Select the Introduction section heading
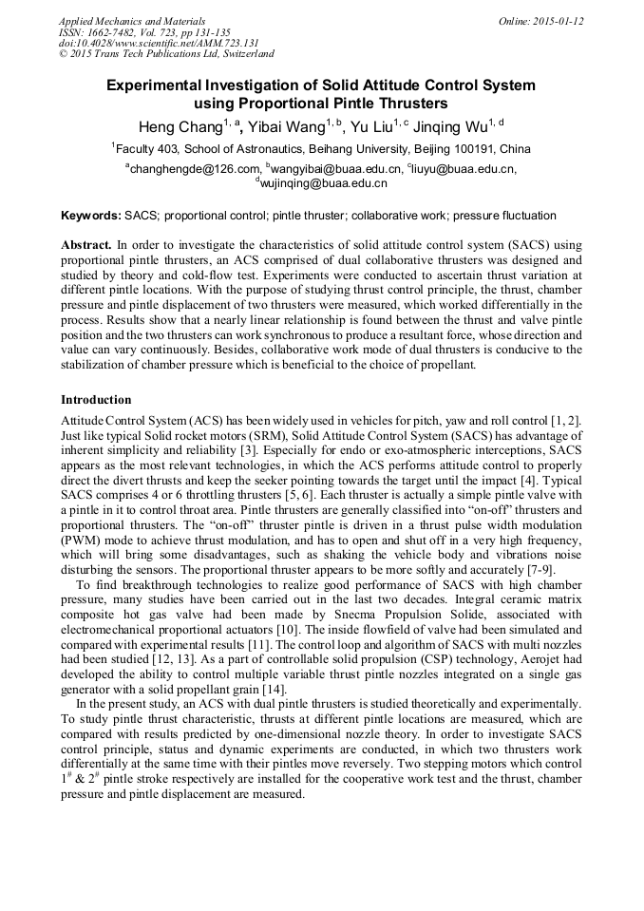click(x=96, y=400)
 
